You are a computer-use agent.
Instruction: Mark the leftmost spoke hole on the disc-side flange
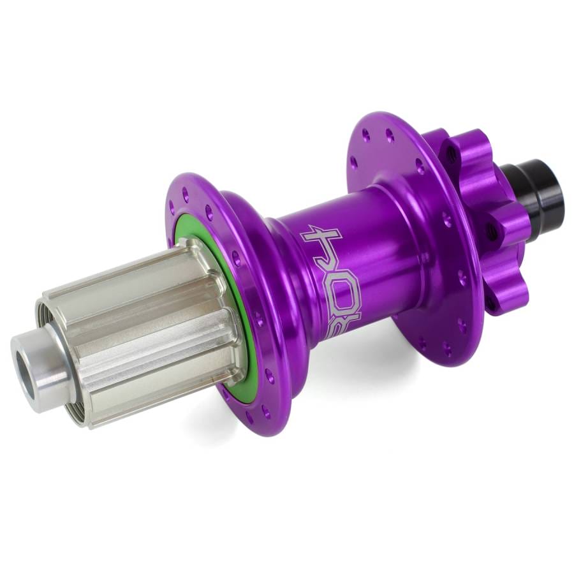353,163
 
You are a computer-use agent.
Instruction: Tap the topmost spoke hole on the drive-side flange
186,191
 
